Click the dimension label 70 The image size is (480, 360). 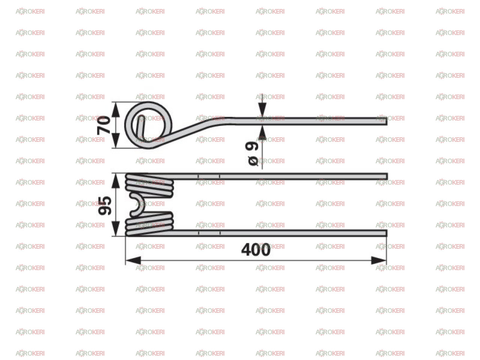click(x=103, y=125)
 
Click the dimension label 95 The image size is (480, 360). click(x=105, y=205)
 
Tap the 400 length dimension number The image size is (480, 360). click(x=255, y=250)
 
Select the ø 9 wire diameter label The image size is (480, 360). click(x=252, y=153)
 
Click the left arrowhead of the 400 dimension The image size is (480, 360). click(x=133, y=261)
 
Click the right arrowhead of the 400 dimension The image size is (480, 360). click(x=378, y=261)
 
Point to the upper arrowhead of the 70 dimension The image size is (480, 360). click(x=115, y=110)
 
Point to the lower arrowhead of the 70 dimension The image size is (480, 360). click(x=115, y=140)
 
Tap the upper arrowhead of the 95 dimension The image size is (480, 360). click(x=115, y=181)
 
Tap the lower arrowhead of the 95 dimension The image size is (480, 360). click(x=115, y=228)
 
